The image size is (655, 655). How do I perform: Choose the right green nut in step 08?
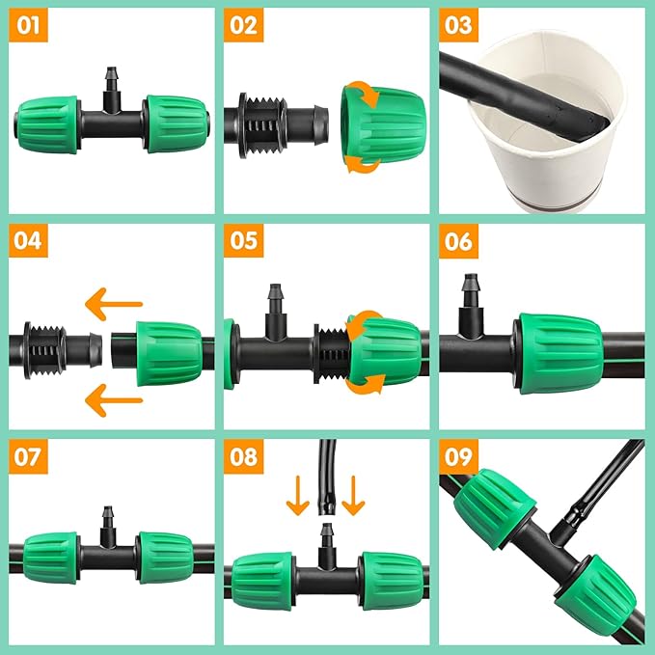coord(391,580)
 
